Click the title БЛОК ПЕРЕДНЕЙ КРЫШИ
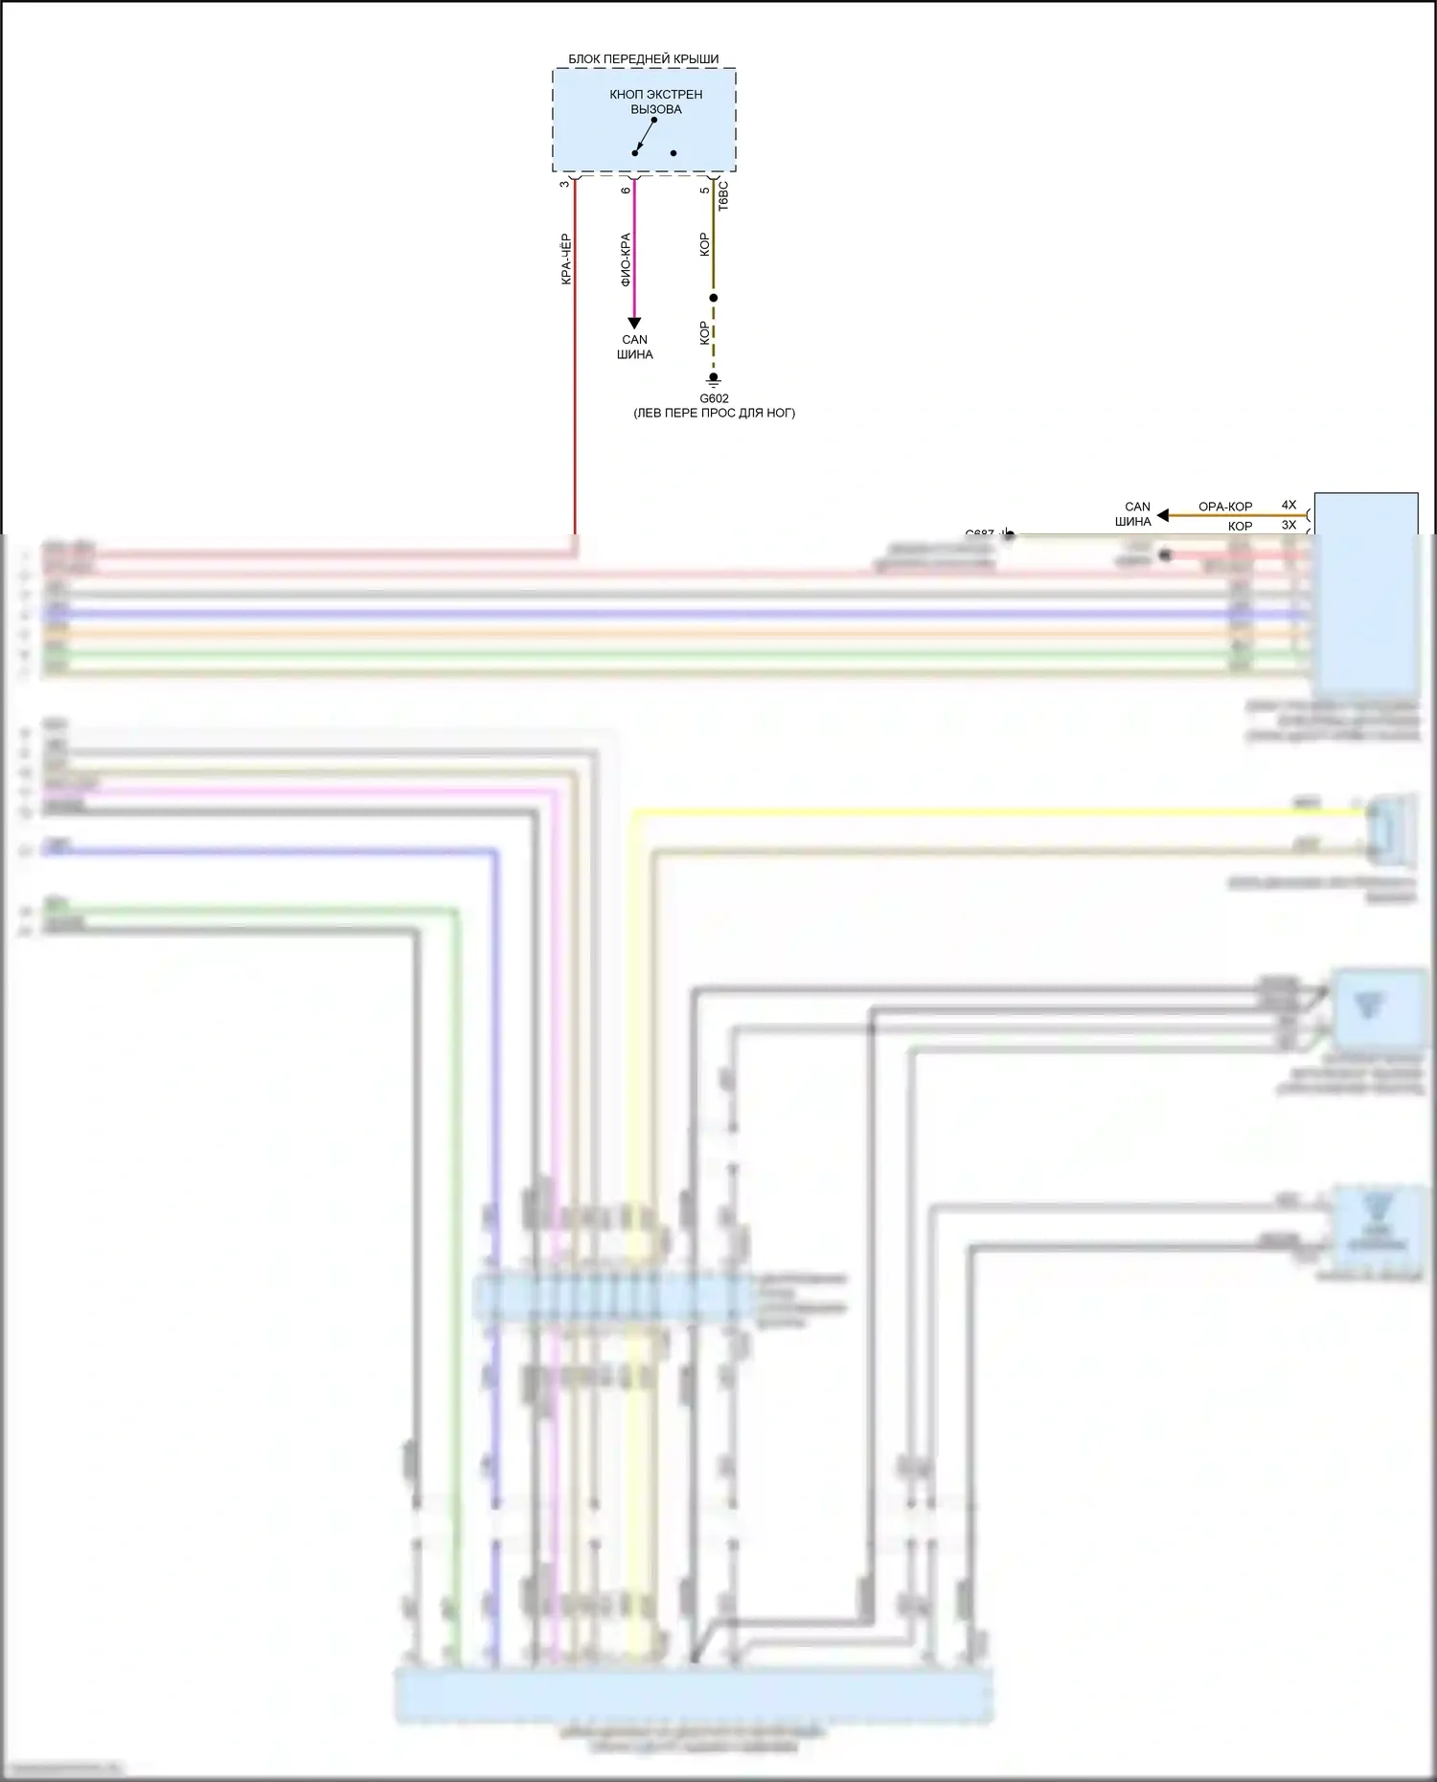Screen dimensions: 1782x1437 coord(643,59)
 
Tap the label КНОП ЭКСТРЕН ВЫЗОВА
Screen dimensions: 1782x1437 coord(655,102)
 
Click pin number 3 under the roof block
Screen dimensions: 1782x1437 coord(564,184)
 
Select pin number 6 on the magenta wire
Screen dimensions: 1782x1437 coord(626,191)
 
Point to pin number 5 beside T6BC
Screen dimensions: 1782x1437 coord(705,191)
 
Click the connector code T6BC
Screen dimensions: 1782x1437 coord(723,195)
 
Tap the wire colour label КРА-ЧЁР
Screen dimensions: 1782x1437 coord(565,259)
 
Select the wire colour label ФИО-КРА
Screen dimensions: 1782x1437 coord(626,259)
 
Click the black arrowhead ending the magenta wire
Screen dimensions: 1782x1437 coord(633,323)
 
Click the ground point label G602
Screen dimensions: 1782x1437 coord(714,398)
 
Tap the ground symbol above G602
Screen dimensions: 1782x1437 coord(714,380)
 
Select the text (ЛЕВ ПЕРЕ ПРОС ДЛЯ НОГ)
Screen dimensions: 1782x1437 coord(714,413)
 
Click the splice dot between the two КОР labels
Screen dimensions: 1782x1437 coord(714,298)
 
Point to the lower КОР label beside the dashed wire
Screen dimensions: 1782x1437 coord(705,332)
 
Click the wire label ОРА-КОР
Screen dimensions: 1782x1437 coord(1225,507)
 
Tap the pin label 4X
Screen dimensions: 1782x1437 coord(1289,505)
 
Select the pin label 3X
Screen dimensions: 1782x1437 coord(1289,525)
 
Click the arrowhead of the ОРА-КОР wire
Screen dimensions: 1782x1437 coord(1162,515)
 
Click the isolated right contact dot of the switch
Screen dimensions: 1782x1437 coord(673,153)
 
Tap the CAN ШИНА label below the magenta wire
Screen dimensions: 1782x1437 coord(634,347)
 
